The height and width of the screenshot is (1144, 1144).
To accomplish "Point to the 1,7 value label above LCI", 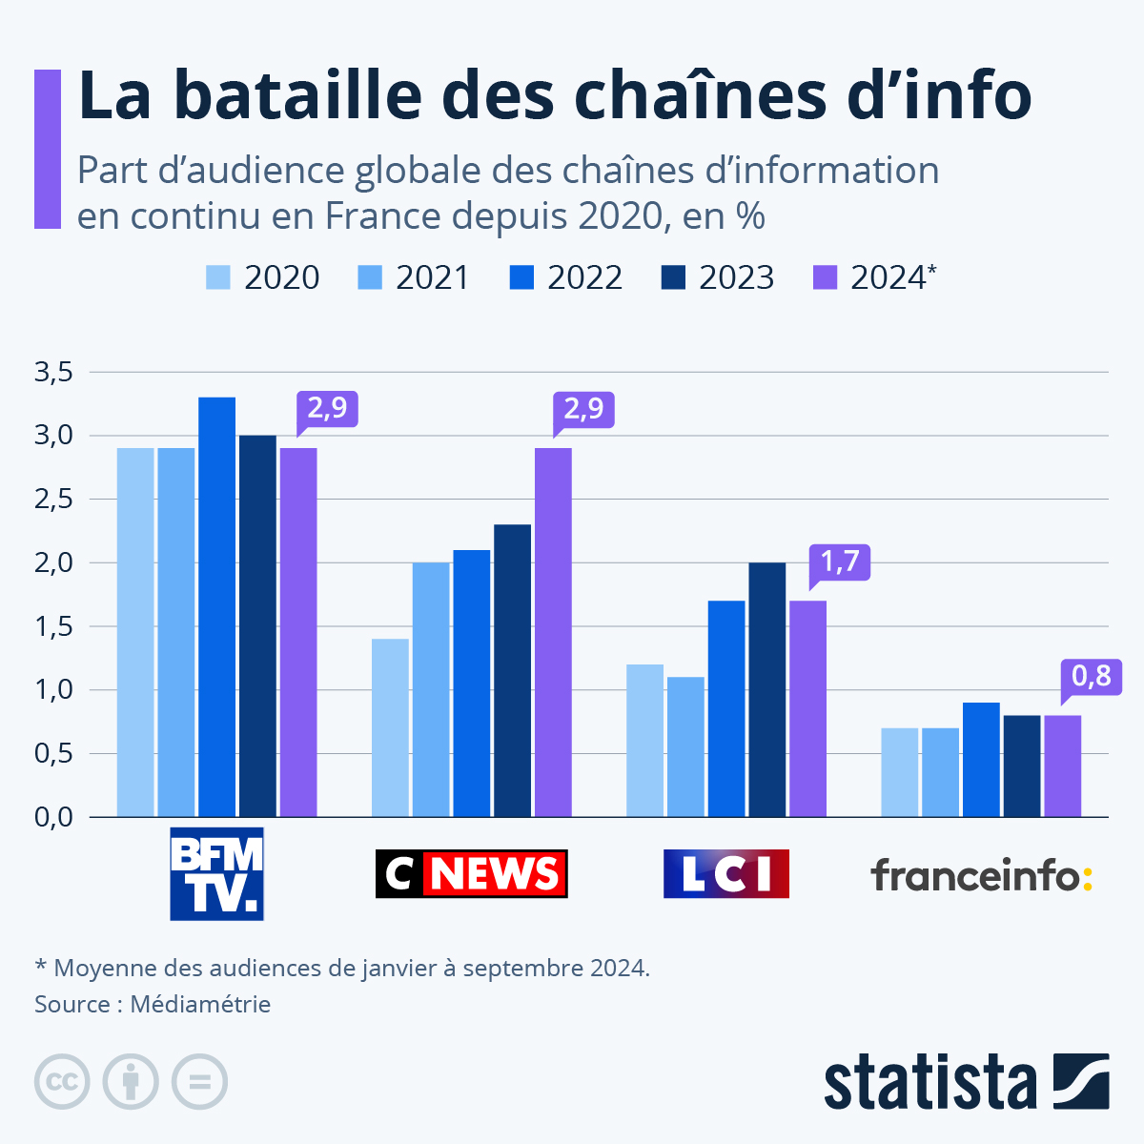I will click(x=840, y=562).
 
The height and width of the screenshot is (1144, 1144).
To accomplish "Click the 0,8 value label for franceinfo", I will click(x=1092, y=676).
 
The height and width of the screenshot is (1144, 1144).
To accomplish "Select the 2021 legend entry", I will click(x=414, y=277).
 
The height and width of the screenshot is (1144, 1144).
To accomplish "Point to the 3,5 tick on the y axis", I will click(x=53, y=372).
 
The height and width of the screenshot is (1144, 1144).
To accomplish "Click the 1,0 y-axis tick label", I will click(x=53, y=689).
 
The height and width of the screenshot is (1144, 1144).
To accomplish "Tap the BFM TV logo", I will click(x=216, y=873).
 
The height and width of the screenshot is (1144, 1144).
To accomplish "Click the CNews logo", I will click(x=471, y=873).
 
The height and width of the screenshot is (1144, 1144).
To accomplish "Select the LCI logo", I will click(x=726, y=873).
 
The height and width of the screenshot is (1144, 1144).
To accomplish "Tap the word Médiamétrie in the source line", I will click(x=200, y=1004).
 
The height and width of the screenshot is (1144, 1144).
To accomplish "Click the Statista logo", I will click(x=966, y=1081).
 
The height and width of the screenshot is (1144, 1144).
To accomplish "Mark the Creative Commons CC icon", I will click(x=62, y=1082).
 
